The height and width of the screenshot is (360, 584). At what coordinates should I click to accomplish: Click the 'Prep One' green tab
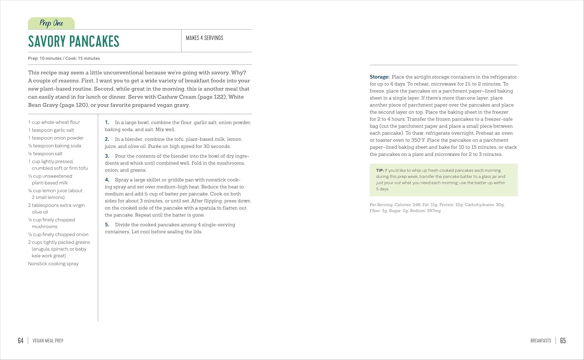coord(51,23)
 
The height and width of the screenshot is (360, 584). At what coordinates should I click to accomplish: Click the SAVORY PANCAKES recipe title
coord(74,41)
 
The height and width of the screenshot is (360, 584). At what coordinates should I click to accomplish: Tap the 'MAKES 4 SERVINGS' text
coord(204,38)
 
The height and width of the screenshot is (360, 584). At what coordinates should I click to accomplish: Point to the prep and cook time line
coord(64,58)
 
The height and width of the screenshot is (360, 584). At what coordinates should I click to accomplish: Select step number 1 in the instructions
coord(107,123)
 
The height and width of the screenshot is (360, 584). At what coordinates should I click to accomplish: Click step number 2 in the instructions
coord(107,139)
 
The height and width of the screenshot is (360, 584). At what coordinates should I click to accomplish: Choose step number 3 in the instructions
coord(107,156)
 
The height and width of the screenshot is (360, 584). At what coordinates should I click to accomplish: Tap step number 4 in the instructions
coord(107,180)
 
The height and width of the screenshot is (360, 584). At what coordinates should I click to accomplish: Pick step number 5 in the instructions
coord(107,225)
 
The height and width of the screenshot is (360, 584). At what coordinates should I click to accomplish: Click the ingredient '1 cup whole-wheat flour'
coord(54,122)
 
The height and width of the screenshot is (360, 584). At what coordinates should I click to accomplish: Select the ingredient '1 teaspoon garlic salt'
coord(51,130)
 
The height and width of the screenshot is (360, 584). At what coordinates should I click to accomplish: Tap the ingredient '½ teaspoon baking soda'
coord(55,146)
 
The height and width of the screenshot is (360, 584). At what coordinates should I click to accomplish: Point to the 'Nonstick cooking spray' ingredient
coord(53,263)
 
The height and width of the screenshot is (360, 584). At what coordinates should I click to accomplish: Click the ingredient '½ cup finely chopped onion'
coord(58,234)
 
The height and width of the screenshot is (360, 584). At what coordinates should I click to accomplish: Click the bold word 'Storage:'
coord(380,77)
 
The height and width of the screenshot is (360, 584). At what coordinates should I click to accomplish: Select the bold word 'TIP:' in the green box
coord(380,170)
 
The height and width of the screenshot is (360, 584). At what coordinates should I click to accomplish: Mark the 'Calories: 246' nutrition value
coord(408,205)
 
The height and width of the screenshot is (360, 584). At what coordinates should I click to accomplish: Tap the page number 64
coord(21,341)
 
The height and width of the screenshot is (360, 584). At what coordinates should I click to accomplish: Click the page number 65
coord(563,341)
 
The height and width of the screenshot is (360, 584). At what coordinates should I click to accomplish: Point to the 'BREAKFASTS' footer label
coord(541,341)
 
